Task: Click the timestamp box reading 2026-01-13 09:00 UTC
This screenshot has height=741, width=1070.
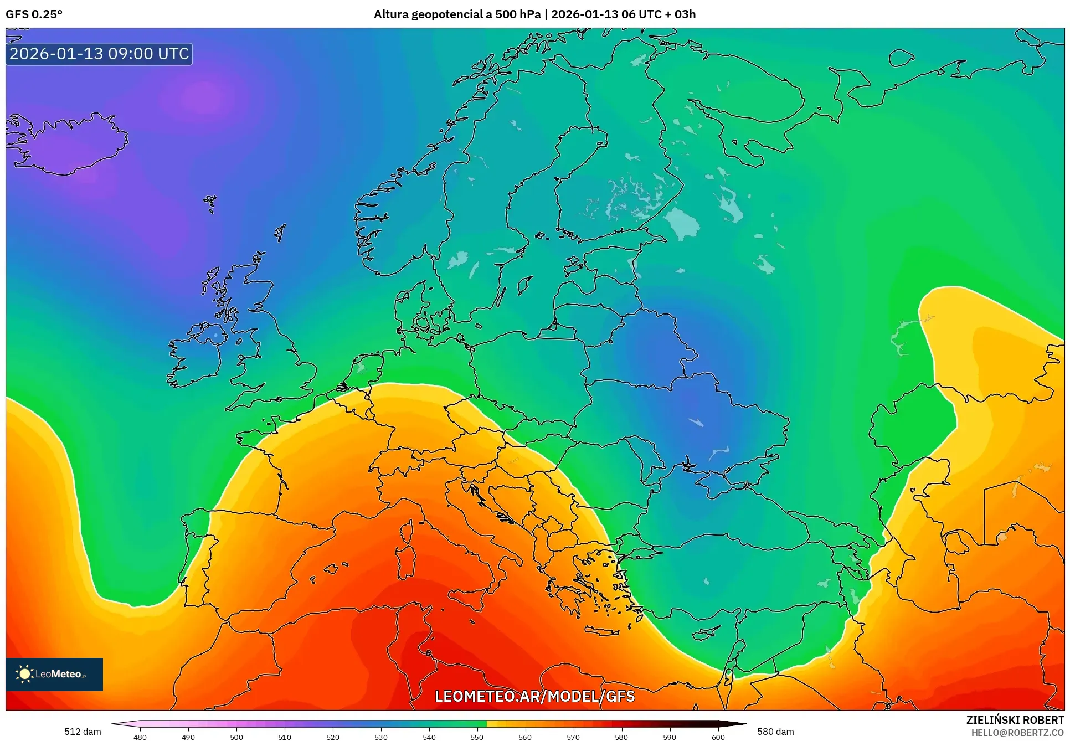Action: point(99,54)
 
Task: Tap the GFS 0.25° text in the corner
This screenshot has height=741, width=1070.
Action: point(34,14)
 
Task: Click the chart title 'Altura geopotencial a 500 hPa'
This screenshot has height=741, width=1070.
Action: point(457,14)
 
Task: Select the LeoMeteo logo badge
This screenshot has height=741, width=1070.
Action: point(54,674)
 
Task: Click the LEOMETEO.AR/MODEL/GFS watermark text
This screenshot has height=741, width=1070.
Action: point(534,696)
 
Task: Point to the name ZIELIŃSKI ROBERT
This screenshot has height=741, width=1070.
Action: point(1015,720)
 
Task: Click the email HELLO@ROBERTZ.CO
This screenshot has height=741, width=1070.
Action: point(1017,733)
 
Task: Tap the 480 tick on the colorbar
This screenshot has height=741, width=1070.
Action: point(140,737)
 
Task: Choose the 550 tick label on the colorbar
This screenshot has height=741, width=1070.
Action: point(477,737)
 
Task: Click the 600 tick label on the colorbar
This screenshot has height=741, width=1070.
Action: point(718,737)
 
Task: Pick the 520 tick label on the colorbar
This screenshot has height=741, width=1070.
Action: point(332,737)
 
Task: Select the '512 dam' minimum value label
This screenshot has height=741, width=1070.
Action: point(83,732)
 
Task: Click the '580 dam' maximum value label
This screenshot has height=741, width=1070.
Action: point(775,732)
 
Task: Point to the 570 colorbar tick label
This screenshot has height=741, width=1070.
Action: point(573,737)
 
